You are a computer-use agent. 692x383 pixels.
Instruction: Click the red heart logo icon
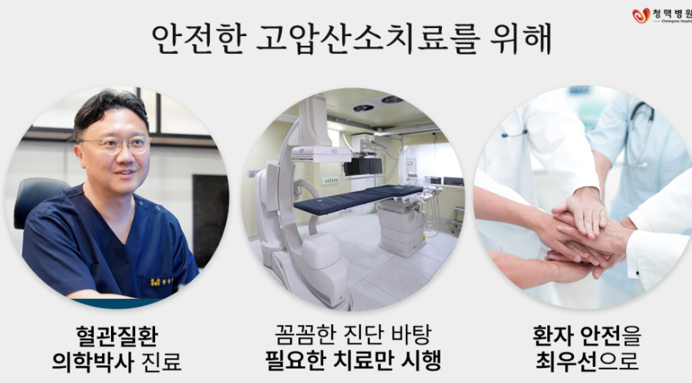[641, 15]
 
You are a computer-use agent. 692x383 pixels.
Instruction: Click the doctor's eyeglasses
[114, 145]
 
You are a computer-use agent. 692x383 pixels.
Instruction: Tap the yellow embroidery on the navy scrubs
[154, 281]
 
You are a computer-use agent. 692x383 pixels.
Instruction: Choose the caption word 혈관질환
[115, 334]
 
